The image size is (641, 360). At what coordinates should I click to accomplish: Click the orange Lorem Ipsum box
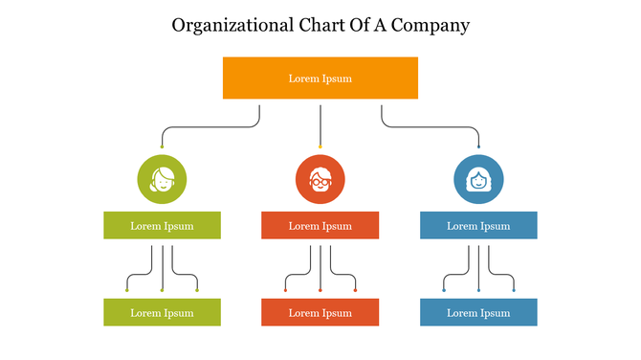pyautogui.click(x=320, y=78)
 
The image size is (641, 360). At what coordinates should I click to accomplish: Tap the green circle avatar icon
pyautogui.click(x=162, y=178)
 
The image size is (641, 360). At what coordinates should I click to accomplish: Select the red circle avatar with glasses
pyautogui.click(x=320, y=178)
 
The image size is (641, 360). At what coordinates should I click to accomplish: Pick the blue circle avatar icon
pyautogui.click(x=478, y=178)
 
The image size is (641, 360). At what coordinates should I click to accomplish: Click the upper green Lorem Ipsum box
pyautogui.click(x=162, y=226)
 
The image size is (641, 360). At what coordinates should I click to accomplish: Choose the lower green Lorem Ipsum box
pyautogui.click(x=162, y=312)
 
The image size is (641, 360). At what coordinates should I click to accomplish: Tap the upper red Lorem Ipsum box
pyautogui.click(x=320, y=226)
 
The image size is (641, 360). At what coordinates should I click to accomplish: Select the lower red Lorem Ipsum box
pyautogui.click(x=320, y=312)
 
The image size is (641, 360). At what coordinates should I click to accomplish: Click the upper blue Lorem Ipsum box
pyautogui.click(x=478, y=226)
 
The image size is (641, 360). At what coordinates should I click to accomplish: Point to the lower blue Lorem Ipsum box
pyautogui.click(x=478, y=312)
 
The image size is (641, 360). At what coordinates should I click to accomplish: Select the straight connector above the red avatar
pyautogui.click(x=320, y=124)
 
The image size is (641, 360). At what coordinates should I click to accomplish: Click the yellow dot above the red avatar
pyautogui.click(x=320, y=146)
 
